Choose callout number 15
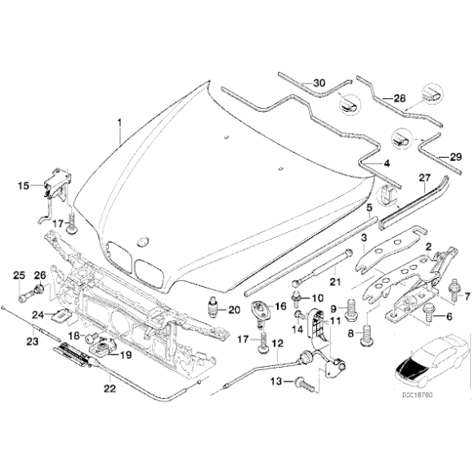click(23, 186)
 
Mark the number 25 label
click(19, 274)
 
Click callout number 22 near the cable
click(109, 389)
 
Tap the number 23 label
click(34, 342)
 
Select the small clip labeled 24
click(60, 314)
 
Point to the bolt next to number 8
click(366, 331)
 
